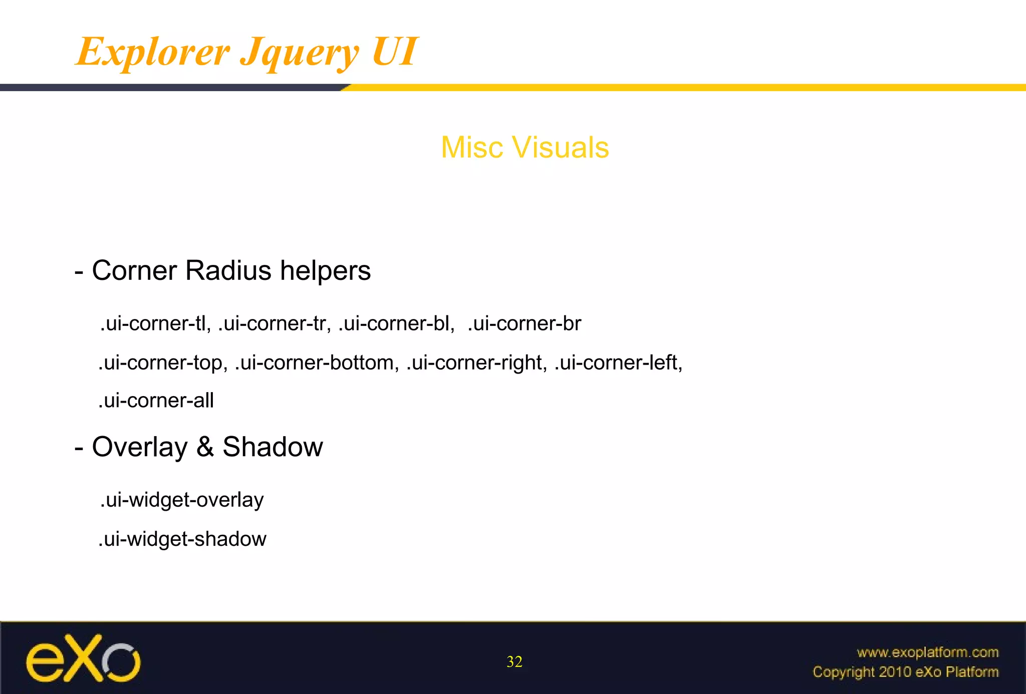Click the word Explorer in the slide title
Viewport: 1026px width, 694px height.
point(153,52)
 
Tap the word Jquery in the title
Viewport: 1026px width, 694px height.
point(300,53)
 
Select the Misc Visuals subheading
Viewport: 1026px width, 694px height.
point(525,147)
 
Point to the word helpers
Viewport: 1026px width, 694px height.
point(325,270)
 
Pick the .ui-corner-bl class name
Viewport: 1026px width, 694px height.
point(396,323)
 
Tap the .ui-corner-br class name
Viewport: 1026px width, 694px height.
point(524,323)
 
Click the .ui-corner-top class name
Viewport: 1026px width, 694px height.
point(163,363)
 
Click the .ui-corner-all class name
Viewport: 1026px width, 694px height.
point(156,401)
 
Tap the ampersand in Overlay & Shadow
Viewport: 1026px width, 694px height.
point(205,447)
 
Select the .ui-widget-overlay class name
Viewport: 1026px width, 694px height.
point(182,500)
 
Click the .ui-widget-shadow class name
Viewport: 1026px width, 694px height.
point(182,539)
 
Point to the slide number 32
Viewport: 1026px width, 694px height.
point(515,662)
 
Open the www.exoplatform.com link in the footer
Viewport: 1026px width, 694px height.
point(927,652)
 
